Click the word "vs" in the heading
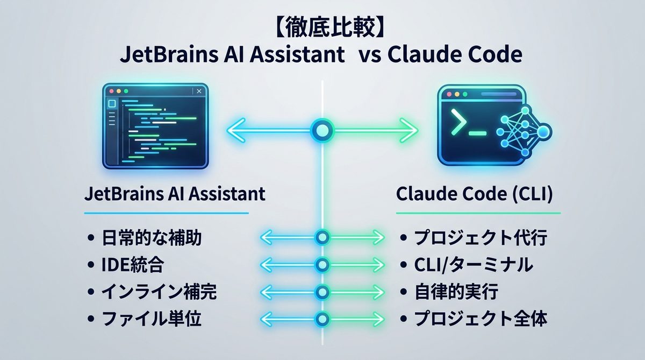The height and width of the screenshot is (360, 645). click(369, 55)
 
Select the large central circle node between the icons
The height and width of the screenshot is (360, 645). click(321, 130)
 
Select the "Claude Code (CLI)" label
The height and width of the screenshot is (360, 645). click(475, 194)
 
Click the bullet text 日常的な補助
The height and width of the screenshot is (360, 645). click(152, 237)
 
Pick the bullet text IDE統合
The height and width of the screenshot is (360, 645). click(132, 265)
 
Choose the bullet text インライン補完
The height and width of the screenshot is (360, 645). click(159, 292)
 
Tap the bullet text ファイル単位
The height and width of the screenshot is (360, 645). click(151, 320)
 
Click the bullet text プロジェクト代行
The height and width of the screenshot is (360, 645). click(480, 237)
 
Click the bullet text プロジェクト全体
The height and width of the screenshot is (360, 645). click(480, 320)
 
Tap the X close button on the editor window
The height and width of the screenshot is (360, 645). click(199, 91)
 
